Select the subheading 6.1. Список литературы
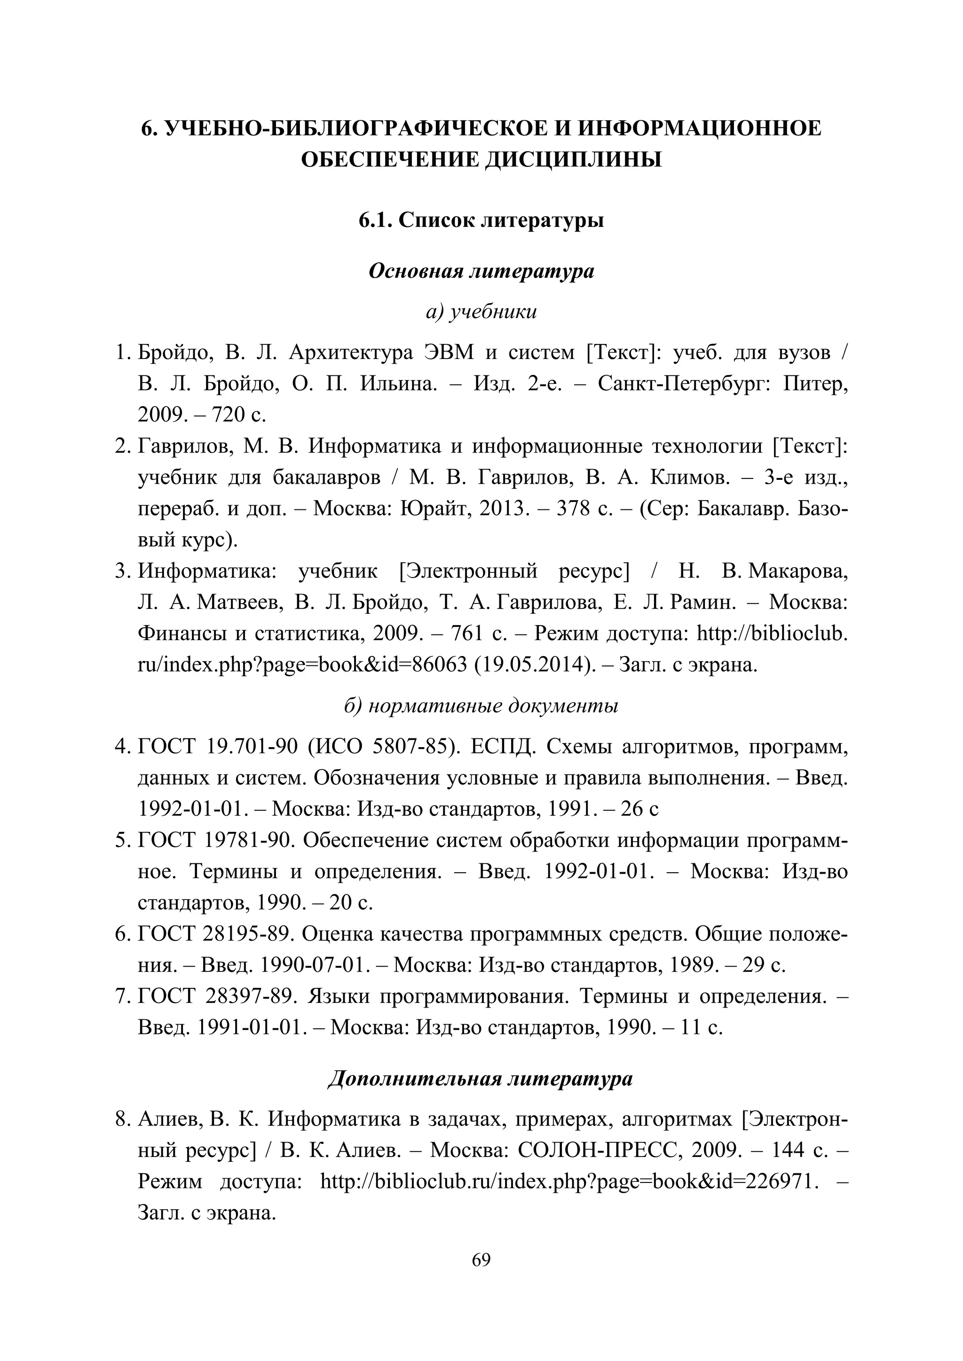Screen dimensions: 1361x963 tap(481, 220)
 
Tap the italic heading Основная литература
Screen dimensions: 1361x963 tap(481, 272)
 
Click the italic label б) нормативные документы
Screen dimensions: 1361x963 tap(481, 706)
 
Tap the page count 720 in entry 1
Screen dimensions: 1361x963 tap(229, 415)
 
